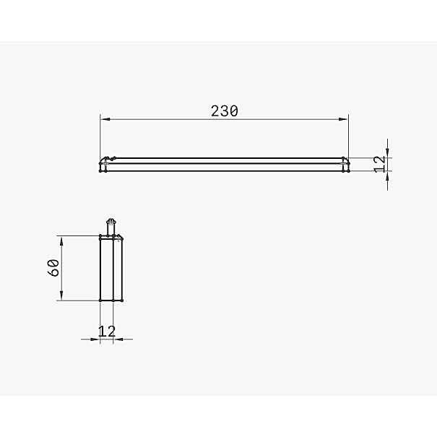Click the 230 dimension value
(225, 111)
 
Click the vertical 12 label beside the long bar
(379, 164)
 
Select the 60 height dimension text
(53, 268)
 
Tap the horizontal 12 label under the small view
(107, 331)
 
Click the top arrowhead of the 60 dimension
(61, 240)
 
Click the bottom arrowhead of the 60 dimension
(61, 296)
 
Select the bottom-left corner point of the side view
(100, 300)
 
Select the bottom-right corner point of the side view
(122, 300)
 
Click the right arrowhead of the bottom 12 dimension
(118, 339)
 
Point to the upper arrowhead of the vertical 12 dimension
(388, 152)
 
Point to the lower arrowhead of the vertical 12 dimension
(388, 175)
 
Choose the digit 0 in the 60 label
(53, 263)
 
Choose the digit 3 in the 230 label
(225, 111)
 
